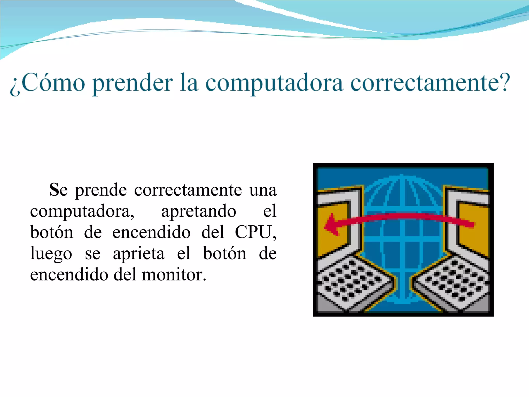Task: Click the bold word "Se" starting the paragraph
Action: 58,190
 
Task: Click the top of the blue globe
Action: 402,181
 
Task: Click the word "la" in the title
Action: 189,83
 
